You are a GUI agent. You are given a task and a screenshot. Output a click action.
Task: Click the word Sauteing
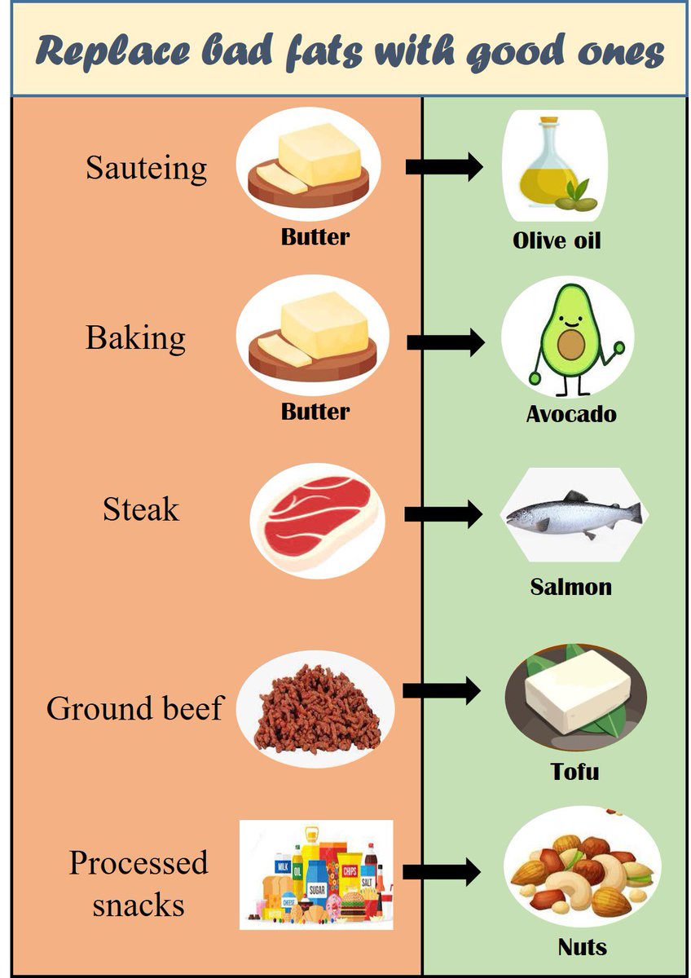point(147,169)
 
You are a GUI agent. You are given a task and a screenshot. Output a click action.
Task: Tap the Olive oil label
point(557,240)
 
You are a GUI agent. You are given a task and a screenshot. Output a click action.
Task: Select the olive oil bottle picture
point(552,167)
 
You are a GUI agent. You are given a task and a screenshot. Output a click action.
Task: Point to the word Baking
point(136,338)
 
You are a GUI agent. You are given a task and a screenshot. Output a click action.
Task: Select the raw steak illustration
point(315,519)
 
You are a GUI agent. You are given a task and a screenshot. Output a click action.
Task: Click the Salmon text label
point(570,587)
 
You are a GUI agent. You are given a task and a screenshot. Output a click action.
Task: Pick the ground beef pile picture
point(319,709)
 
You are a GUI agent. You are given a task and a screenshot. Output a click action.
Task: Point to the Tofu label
point(574,771)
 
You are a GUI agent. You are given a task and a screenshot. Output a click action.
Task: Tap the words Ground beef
point(134,708)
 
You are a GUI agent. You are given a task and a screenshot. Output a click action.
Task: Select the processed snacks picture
point(316,874)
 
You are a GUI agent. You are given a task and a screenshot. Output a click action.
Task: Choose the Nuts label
point(582,947)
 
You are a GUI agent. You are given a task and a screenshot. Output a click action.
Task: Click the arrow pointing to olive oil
point(443,168)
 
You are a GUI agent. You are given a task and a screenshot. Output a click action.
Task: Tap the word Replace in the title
point(109,52)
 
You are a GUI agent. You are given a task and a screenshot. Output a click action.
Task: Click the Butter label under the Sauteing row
point(315,237)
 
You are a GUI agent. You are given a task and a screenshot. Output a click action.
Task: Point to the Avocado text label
point(570,414)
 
